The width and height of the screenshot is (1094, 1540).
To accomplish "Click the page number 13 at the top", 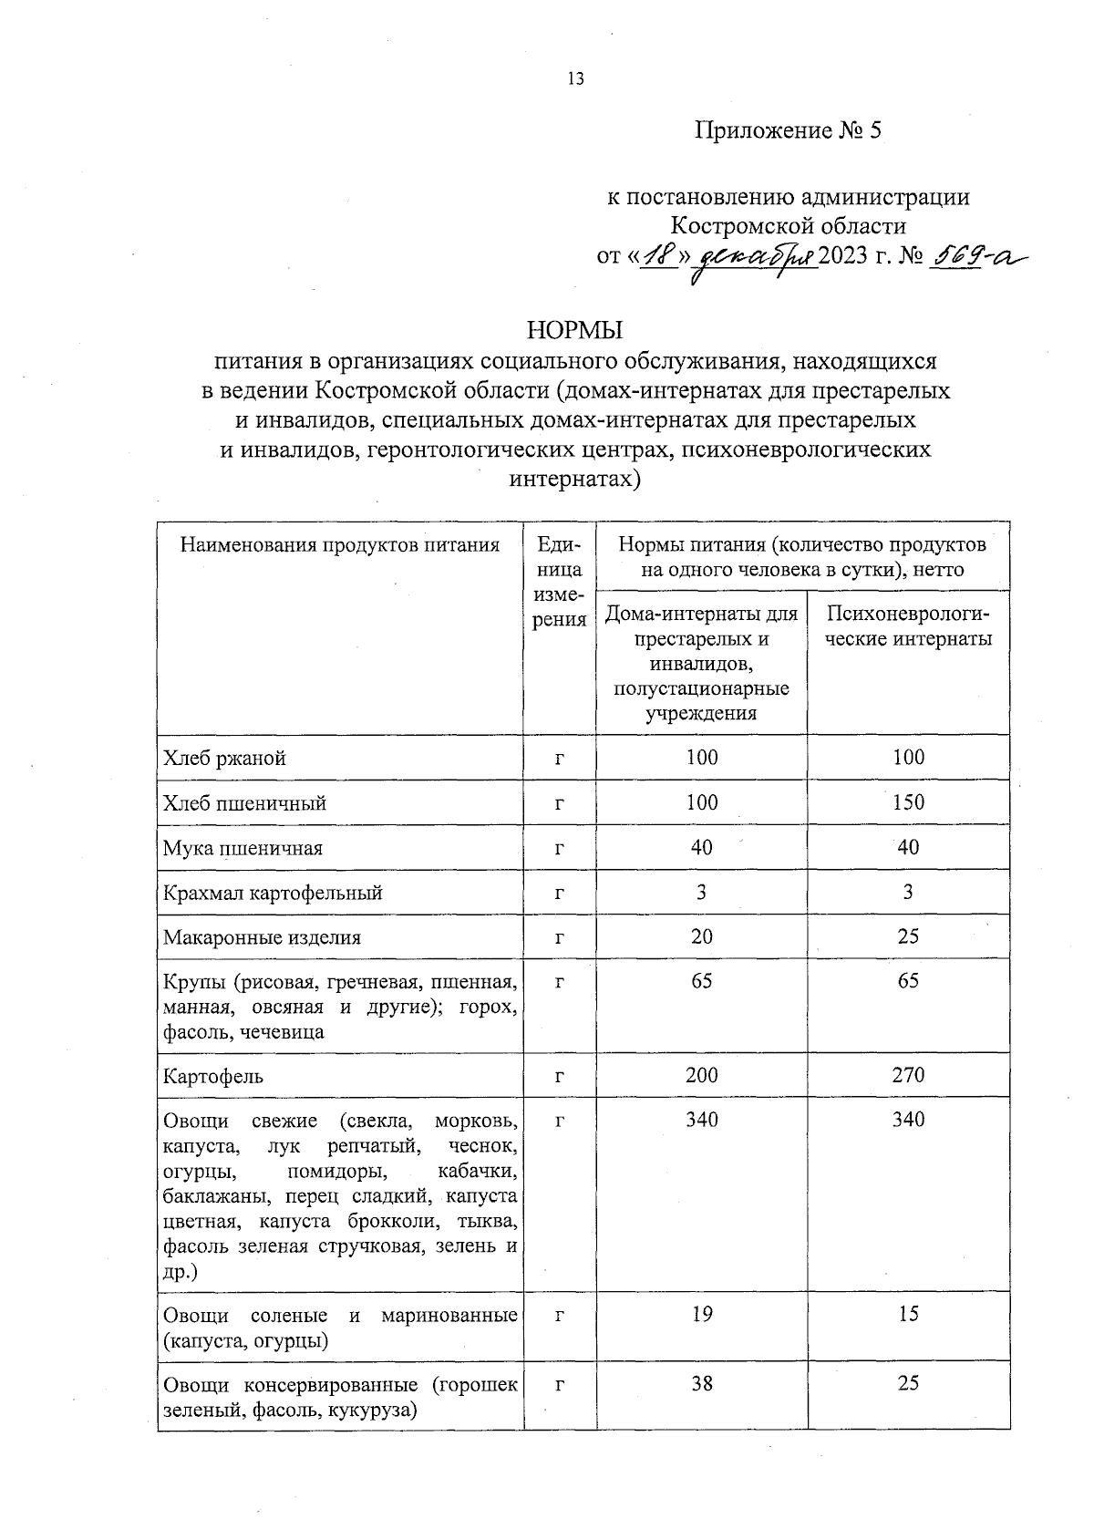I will point(575,79).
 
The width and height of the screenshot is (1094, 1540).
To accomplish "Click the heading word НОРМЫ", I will point(574,330).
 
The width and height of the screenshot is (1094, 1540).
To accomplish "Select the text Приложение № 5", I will point(789,131).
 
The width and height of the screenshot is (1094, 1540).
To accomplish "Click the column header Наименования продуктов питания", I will point(340,545).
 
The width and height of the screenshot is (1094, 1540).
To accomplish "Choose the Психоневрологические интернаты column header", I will point(908,626).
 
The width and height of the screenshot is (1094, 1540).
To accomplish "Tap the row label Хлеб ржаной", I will point(224,759).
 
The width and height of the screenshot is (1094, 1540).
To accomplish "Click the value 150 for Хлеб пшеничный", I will point(908,802).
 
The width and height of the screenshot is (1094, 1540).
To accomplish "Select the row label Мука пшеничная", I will point(243,848).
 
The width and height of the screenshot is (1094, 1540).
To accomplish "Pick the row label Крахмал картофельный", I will point(273,893).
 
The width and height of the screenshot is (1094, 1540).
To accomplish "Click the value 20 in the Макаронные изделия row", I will point(701,936).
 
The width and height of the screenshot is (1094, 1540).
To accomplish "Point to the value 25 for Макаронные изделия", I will point(908,936).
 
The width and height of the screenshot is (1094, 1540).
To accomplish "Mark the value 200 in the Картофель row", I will point(701,1075).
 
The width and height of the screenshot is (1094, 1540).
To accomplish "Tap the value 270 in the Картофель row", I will point(908,1075).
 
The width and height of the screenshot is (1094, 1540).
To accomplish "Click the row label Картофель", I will point(213,1077).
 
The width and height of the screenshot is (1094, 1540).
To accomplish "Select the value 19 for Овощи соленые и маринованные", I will point(701,1314).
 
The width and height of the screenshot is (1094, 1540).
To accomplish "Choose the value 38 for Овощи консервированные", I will point(701,1383).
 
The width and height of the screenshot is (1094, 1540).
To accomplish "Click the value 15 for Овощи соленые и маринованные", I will point(908,1314).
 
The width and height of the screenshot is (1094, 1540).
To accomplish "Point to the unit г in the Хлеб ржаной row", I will point(559,759).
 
